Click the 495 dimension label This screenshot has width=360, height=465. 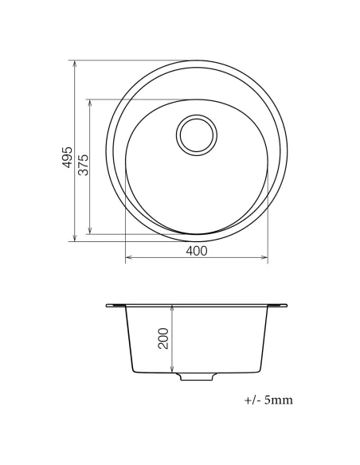tap(68, 156)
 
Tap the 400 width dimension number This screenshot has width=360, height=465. tap(196, 251)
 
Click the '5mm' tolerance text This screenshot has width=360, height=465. tap(278, 400)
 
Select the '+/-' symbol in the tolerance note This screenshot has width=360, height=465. tap(252, 400)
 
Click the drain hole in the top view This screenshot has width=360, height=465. tap(197, 134)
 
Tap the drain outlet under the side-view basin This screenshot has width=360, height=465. tap(197, 377)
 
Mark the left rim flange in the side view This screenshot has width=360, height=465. tap(116, 305)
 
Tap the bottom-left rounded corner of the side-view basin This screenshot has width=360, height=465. tap(131, 369)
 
